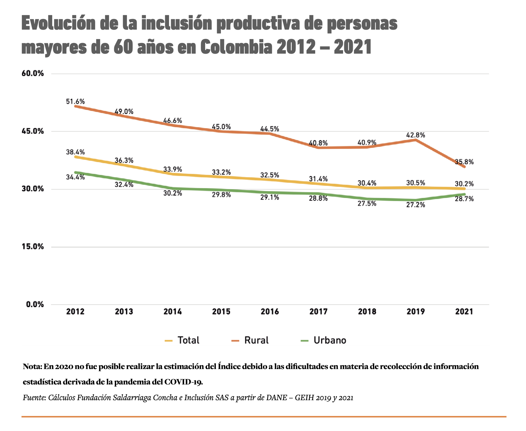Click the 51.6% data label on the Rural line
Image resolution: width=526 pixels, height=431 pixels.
pyautogui.click(x=75, y=102)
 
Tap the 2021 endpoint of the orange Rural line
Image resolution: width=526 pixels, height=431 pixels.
pyautogui.click(x=464, y=167)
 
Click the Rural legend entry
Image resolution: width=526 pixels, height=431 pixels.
pyautogui.click(x=250, y=340)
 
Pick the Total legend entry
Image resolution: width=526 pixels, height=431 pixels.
pyautogui.click(x=182, y=340)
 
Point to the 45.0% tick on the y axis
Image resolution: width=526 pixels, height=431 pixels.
pyautogui.click(x=33, y=131)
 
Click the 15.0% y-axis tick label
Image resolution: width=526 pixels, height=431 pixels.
pyautogui.click(x=33, y=247)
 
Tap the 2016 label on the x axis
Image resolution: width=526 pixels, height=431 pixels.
pyautogui.click(x=270, y=312)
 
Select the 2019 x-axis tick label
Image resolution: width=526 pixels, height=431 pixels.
pyautogui.click(x=416, y=312)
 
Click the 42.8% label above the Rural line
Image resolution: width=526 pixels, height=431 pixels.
pyautogui.click(x=416, y=135)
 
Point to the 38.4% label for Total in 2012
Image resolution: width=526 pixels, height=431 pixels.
pyautogui.click(x=75, y=152)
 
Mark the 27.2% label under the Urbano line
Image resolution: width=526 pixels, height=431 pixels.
pyautogui.click(x=416, y=205)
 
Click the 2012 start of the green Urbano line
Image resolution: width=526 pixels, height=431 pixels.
pyautogui.click(x=75, y=172)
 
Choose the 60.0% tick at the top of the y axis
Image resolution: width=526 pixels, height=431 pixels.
pyautogui.click(x=33, y=74)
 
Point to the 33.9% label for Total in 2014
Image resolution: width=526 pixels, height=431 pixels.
pyautogui.click(x=173, y=169)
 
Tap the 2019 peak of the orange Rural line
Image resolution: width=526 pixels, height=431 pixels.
pyautogui.click(x=416, y=140)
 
